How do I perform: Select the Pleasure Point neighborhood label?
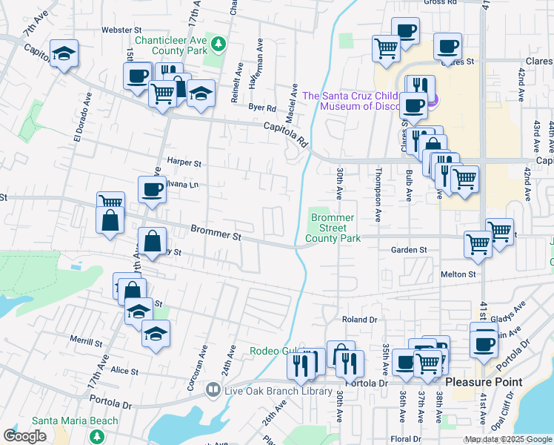488,383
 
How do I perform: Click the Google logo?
24,436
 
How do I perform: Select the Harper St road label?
184,162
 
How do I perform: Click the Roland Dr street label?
359,320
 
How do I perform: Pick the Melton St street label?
458,274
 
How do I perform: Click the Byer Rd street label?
262,108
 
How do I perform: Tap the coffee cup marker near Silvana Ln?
152,189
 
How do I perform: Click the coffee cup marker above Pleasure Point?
484,343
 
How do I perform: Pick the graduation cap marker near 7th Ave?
64,53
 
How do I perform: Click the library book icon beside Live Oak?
213,389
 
